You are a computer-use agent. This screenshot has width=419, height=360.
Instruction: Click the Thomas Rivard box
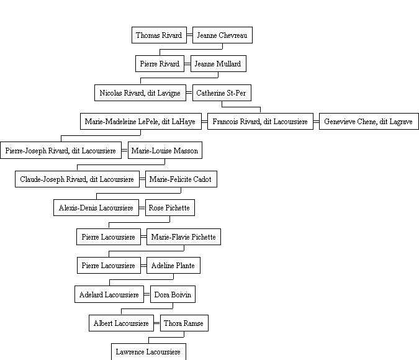(x=160, y=35)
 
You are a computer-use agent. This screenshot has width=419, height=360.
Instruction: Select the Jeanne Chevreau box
(x=222, y=35)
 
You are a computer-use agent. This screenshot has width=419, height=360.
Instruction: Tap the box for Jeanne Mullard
(x=219, y=63)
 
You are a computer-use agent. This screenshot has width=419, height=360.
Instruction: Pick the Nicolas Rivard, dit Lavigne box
(x=140, y=92)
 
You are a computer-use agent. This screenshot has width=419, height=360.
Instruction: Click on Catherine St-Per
(x=222, y=92)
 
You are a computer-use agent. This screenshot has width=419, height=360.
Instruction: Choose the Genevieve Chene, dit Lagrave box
(x=369, y=121)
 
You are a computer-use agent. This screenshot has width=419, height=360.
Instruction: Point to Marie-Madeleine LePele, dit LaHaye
(x=141, y=121)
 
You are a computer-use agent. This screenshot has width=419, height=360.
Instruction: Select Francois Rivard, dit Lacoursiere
(x=260, y=121)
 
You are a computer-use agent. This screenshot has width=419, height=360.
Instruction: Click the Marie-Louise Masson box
(x=165, y=150)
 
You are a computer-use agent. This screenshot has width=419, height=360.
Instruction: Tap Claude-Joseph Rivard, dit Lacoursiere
(x=77, y=179)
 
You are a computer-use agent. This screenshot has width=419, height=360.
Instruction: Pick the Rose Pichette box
(x=170, y=208)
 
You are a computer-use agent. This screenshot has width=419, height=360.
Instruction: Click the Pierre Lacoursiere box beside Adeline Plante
(x=109, y=266)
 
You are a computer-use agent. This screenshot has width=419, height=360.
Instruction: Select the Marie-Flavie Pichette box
(x=184, y=236)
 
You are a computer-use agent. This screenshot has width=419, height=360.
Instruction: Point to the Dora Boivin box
(x=173, y=294)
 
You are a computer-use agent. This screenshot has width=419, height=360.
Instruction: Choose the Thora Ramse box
(x=184, y=323)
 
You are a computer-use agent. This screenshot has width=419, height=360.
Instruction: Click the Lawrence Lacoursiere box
(x=148, y=351)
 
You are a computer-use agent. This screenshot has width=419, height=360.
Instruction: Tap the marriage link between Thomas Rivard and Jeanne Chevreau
(x=190, y=35)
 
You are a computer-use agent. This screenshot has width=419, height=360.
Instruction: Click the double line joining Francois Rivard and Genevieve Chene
(x=317, y=122)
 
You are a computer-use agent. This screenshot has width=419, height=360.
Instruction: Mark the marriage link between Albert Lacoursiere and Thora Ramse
(x=157, y=323)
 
